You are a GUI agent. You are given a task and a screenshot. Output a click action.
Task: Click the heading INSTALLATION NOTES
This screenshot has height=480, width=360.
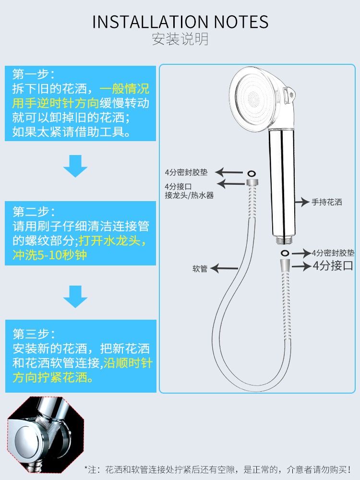pyautogui.click(x=180, y=22)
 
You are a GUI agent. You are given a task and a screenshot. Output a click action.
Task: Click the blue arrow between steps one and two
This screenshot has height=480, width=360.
pyautogui.click(x=75, y=166)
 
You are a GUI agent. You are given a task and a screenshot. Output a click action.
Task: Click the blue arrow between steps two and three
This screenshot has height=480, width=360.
pyautogui.click(x=75, y=296)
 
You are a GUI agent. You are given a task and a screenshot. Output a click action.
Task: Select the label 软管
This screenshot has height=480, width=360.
pyautogui.click(x=200, y=269)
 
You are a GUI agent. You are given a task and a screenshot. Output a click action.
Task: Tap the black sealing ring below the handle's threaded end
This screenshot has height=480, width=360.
pyautogui.click(x=284, y=252)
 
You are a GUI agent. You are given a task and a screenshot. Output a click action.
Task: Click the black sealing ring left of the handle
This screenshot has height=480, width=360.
pyautogui.click(x=251, y=173)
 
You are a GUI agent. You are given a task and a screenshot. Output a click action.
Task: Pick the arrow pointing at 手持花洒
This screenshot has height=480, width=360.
pyautogui.click(x=302, y=202)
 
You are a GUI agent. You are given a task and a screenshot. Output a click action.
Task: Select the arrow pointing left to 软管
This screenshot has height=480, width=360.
pyautogui.click(x=225, y=269)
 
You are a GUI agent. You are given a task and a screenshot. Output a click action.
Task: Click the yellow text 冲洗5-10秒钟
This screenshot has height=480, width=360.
pyautogui.click(x=50, y=254)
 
